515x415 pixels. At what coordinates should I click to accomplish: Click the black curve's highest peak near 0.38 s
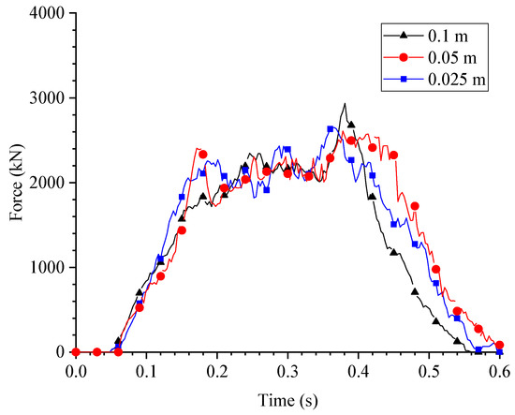coord(345,104)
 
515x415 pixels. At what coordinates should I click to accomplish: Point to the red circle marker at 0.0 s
coord(75,352)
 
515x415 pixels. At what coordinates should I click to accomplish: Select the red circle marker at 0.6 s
coord(499,345)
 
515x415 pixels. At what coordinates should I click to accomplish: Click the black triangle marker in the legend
coord(404,36)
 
